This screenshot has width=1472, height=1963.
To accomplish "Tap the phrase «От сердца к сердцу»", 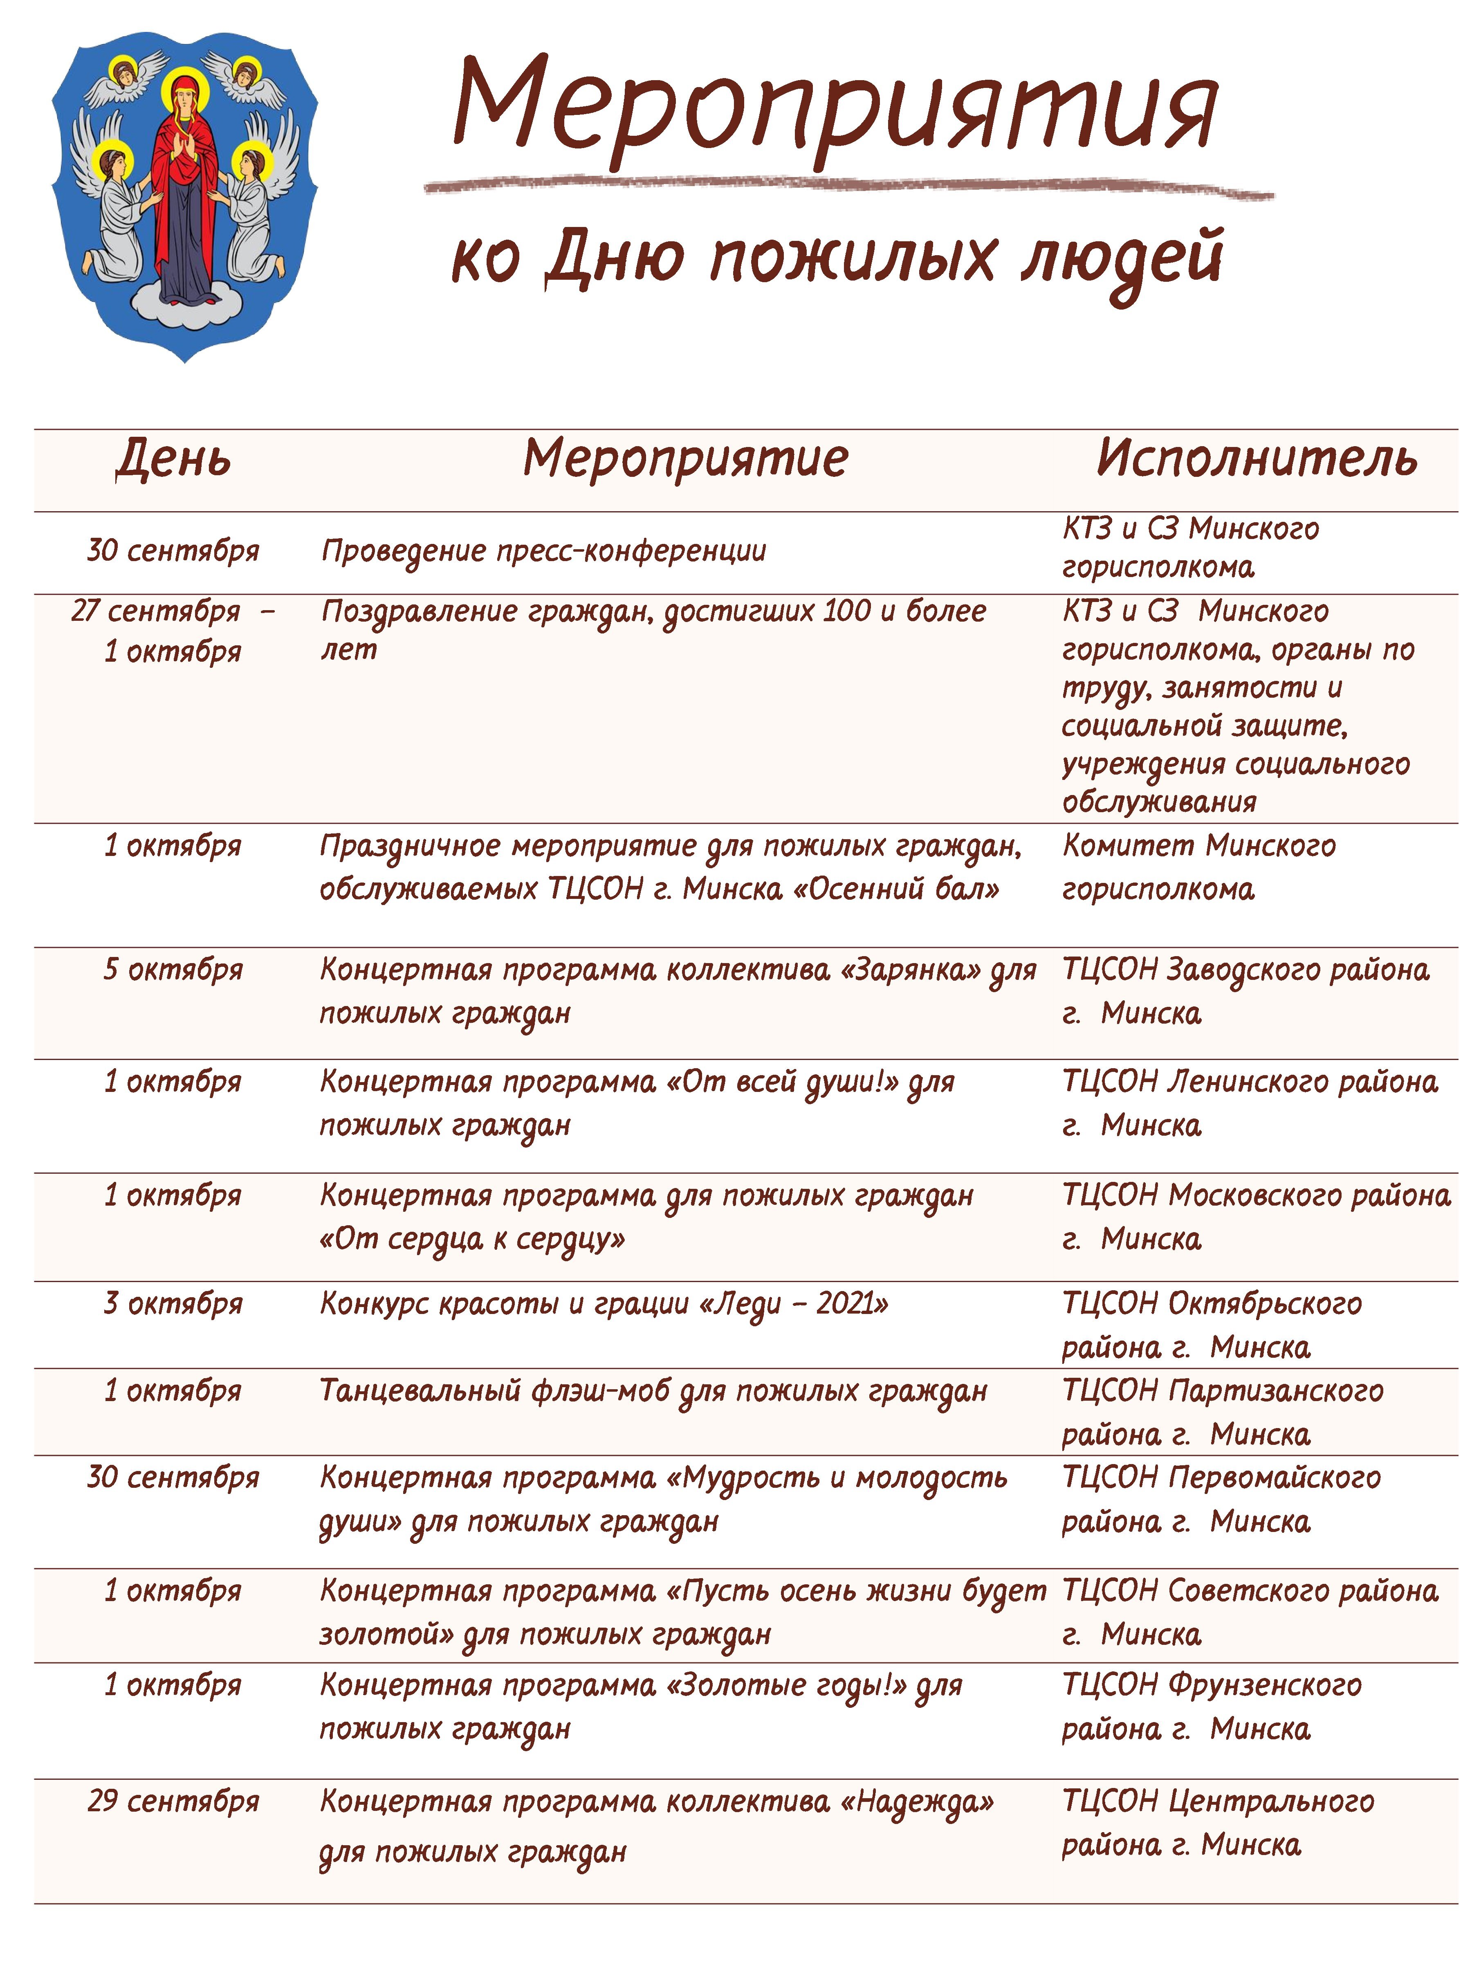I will [472, 1239].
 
